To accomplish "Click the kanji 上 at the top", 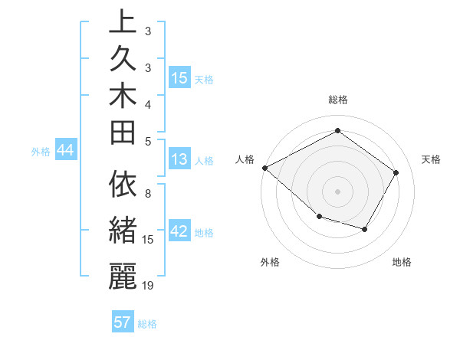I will point(123,21).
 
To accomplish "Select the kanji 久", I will point(123,57).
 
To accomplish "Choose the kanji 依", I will point(123,185).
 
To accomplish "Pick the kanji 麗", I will point(123,275).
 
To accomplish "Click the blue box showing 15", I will point(179,78).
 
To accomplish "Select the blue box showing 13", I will point(179,160).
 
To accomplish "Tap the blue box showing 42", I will point(179,232).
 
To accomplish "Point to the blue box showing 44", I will point(66,151).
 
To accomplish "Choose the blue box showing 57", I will point(123,322).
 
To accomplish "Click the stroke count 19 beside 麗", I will point(148,285).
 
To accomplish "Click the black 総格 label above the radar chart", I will point(337,100).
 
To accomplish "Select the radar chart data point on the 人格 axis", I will point(264,168).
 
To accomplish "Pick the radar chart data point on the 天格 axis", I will point(396,172).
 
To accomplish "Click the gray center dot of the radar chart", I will point(337,191).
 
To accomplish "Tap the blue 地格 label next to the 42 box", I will point(204,233).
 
